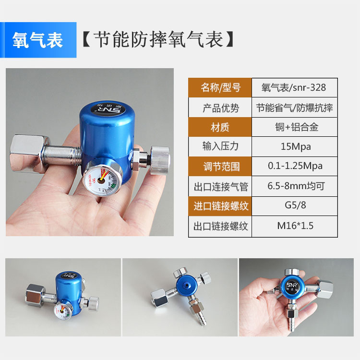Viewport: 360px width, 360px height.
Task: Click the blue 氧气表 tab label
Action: tap(38, 40)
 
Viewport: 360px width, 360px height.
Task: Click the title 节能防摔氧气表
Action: tap(158, 40)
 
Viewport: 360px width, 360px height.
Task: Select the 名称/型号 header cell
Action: tap(220, 87)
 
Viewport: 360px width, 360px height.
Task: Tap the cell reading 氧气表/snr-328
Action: tap(294, 87)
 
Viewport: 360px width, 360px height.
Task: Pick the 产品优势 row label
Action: tap(220, 108)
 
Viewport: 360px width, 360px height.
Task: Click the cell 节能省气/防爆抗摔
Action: tap(294, 108)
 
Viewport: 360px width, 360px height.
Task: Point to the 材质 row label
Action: tap(220, 127)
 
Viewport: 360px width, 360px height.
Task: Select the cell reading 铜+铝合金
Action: tap(294, 127)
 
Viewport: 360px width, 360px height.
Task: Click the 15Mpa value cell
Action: tap(294, 147)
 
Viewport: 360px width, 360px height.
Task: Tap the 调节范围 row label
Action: tap(220, 167)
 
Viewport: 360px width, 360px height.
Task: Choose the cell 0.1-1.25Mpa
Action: tap(294, 167)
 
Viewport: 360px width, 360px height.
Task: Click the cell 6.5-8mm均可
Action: tap(294, 186)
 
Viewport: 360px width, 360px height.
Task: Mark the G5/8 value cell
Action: tap(294, 206)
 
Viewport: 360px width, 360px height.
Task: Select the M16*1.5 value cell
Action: tap(294, 226)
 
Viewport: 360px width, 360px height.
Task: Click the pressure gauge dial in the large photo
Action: tap(101, 179)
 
